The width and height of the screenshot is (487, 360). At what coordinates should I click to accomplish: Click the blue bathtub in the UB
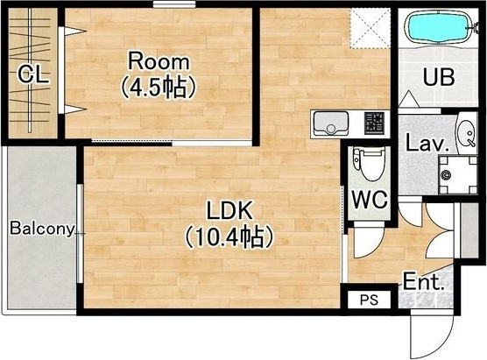tap(440, 28)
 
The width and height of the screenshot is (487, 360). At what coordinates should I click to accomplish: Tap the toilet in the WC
tap(369, 164)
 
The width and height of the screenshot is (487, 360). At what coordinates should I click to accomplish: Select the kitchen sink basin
tap(331, 123)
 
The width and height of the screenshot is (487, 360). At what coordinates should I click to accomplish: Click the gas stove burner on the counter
tap(374, 123)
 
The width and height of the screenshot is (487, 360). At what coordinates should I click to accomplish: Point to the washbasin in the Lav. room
tap(467, 133)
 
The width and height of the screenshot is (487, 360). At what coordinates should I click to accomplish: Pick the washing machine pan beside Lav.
tap(458, 175)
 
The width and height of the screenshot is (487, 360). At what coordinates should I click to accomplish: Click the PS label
tap(369, 300)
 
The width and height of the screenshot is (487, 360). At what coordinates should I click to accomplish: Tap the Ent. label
tap(424, 281)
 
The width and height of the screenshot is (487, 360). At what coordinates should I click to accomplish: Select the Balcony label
tap(42, 229)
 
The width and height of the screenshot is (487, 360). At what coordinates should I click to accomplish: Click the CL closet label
tap(33, 74)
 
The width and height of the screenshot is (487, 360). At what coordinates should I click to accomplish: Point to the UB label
tap(439, 77)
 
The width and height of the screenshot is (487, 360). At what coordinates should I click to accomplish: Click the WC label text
tap(370, 199)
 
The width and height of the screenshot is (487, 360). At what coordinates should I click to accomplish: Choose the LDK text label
tap(229, 211)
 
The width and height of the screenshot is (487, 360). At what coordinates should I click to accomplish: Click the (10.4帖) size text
tap(229, 237)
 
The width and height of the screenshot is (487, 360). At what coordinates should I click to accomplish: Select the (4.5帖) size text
tap(159, 88)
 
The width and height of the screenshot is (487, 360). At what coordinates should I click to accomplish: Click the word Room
tap(159, 62)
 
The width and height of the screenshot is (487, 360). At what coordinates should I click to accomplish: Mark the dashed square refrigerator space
tap(370, 28)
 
